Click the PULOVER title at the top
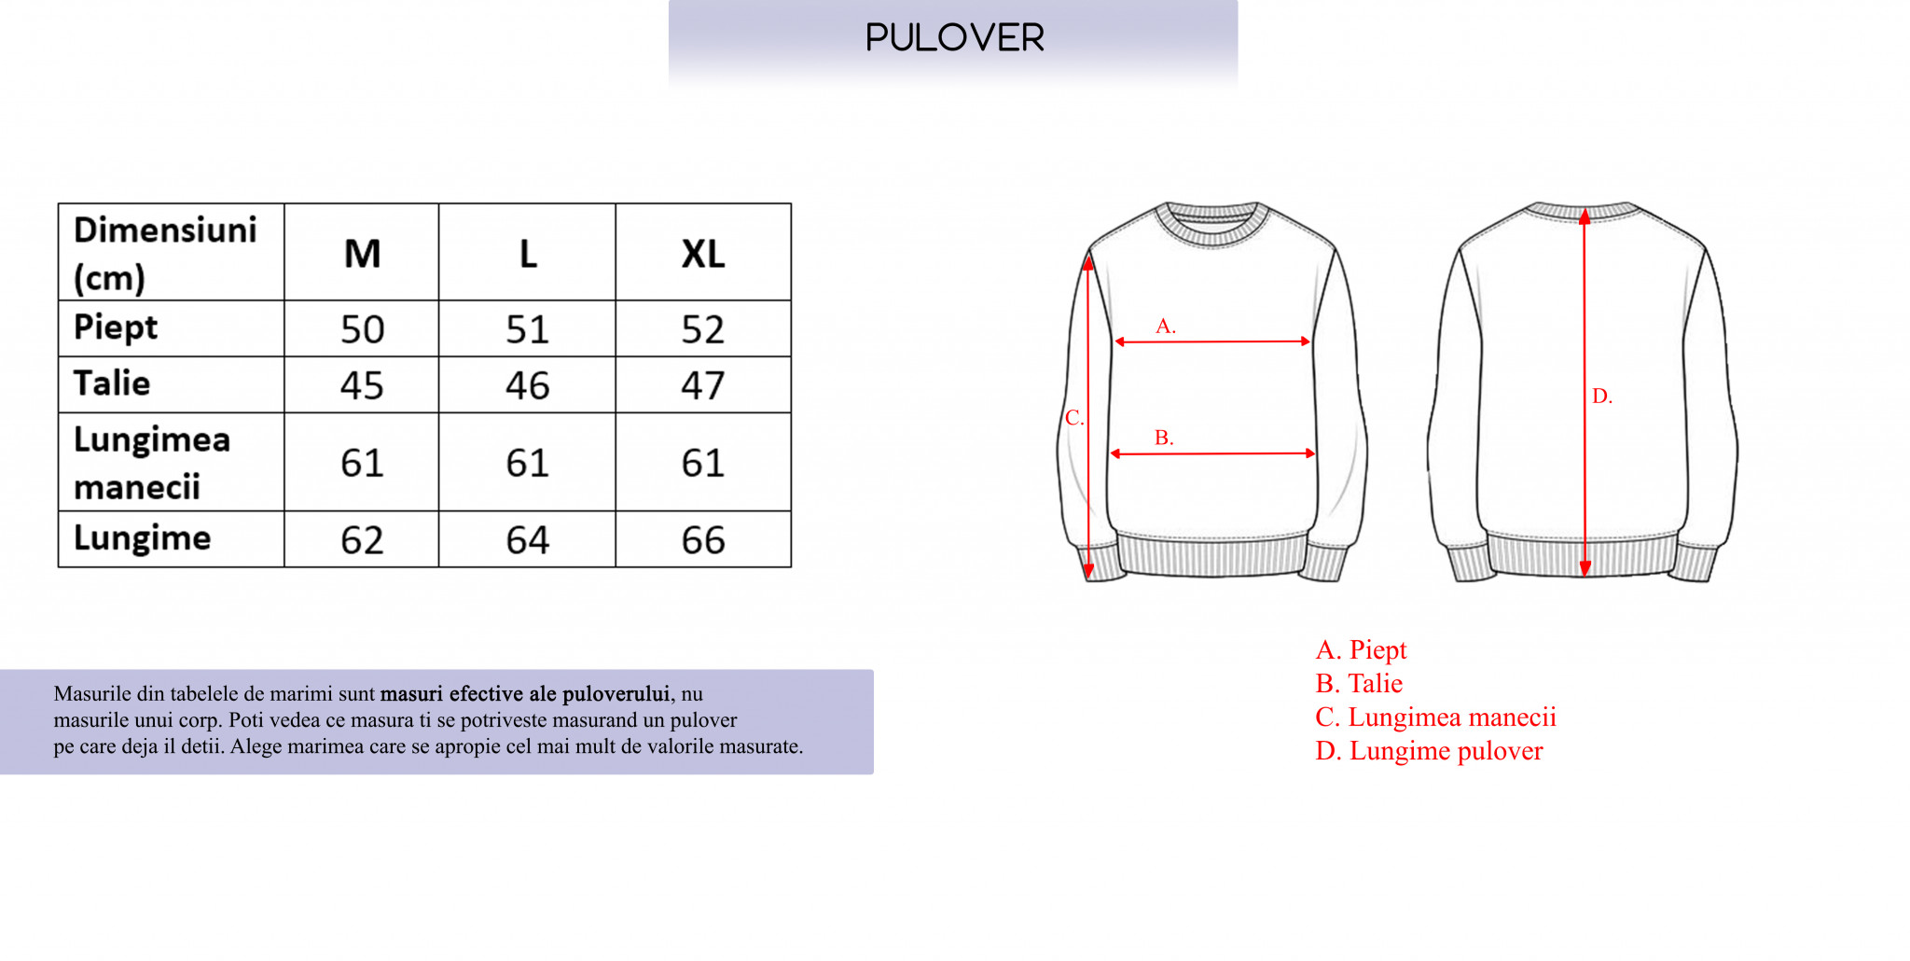[x=954, y=37]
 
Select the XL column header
[x=703, y=254]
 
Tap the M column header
[x=362, y=254]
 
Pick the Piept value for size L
[x=527, y=329]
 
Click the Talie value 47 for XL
[x=703, y=385]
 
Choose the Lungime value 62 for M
[x=362, y=540]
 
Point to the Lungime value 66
[x=703, y=540]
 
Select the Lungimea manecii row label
[x=152, y=463]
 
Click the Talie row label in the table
[x=112, y=383]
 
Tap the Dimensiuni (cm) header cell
[x=165, y=253]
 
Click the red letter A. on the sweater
[x=1166, y=326]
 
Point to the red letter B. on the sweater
[x=1164, y=437]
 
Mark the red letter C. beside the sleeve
[x=1074, y=417]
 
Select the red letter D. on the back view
[x=1602, y=396]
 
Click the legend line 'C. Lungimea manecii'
[x=1435, y=717]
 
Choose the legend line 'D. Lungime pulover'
[x=1429, y=750]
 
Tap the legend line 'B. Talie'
[x=1359, y=683]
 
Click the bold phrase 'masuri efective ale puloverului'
[x=525, y=693]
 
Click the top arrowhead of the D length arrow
[x=1585, y=216]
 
